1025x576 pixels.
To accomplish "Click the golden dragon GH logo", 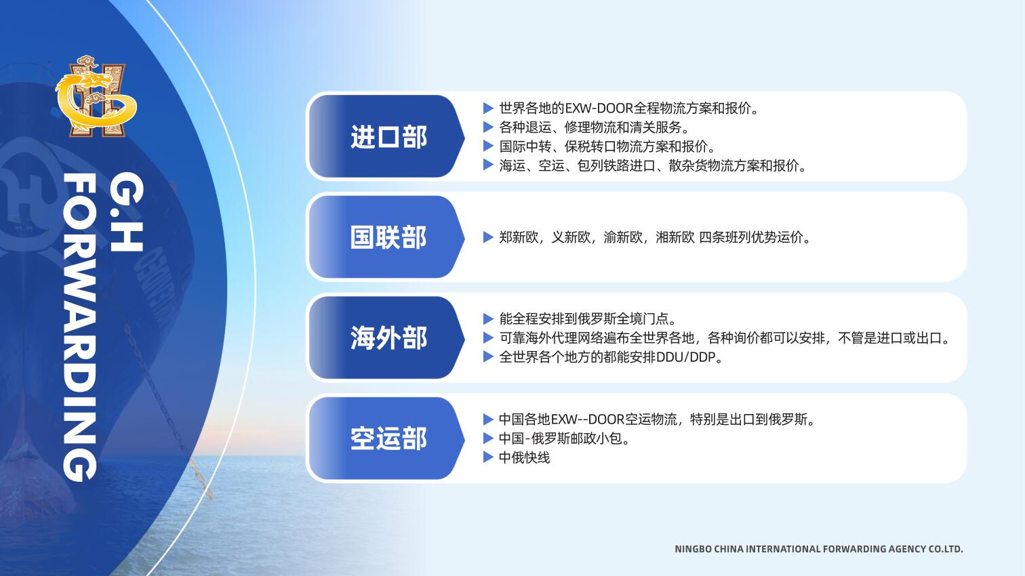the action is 96,96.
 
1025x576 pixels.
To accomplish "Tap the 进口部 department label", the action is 388,137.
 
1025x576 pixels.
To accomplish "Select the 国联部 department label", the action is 388,237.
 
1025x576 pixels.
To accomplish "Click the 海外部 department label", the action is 388,337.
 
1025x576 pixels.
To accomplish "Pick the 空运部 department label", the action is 388,438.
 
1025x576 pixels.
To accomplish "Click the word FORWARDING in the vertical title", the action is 80,327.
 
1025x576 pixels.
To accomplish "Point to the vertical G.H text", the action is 127,211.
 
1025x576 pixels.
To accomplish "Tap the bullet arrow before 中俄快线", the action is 488,457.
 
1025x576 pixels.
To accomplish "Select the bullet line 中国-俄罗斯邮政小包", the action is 564,438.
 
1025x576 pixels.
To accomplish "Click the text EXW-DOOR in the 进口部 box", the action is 599,108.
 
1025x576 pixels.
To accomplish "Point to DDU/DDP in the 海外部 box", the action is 685,357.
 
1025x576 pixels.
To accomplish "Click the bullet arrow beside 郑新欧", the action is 488,237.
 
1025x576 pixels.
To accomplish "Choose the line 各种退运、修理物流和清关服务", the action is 594,127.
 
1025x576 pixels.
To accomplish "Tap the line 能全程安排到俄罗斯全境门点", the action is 588,318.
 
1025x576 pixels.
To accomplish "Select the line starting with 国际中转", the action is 607,146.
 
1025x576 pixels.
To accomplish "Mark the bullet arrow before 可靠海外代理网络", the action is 488,337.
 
